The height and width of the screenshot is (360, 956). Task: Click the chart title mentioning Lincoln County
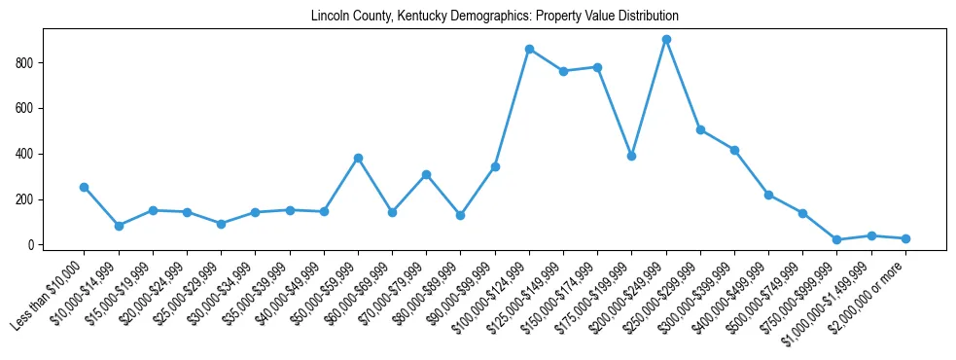494,17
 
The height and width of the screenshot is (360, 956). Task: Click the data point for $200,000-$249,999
666,40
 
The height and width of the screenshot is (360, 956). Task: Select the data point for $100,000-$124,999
529,49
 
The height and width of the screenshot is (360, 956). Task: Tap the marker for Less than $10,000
85,187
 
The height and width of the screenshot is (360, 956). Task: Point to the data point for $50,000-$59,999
358,158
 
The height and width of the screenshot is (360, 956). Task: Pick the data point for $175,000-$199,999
632,156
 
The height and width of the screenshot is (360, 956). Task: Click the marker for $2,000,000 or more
905,238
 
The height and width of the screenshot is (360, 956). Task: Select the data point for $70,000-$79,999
426,174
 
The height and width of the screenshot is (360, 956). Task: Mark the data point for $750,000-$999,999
837,239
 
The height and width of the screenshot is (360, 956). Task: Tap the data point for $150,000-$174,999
597,67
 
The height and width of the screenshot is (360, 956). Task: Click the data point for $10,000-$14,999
119,226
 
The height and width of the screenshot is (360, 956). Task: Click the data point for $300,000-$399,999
734,150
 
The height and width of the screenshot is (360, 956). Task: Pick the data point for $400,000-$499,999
768,195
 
